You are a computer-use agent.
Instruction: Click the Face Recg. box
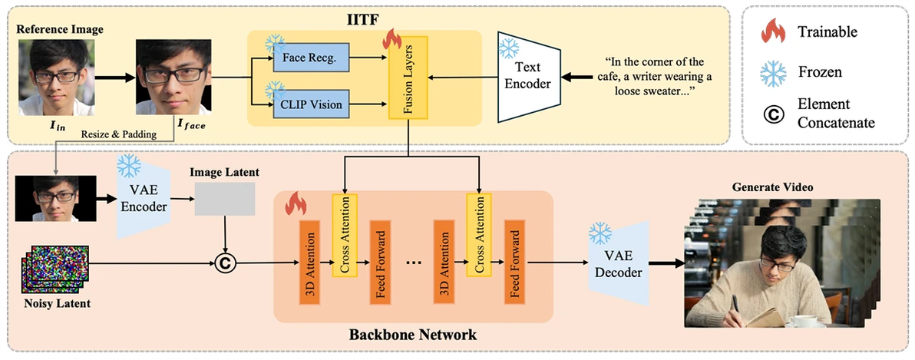click(310, 58)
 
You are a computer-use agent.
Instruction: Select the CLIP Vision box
click(310, 106)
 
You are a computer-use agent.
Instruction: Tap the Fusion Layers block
click(408, 78)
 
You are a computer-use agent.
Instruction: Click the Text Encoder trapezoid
click(529, 78)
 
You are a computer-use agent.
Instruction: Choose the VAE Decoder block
click(619, 263)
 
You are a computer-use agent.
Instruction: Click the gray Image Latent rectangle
click(225, 198)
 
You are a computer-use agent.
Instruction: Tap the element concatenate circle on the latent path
click(225, 264)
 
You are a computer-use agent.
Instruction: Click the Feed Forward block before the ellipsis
click(379, 263)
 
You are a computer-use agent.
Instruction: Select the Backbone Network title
click(412, 335)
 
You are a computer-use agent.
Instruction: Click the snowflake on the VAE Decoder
click(600, 233)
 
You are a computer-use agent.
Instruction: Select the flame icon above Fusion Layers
click(391, 40)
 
